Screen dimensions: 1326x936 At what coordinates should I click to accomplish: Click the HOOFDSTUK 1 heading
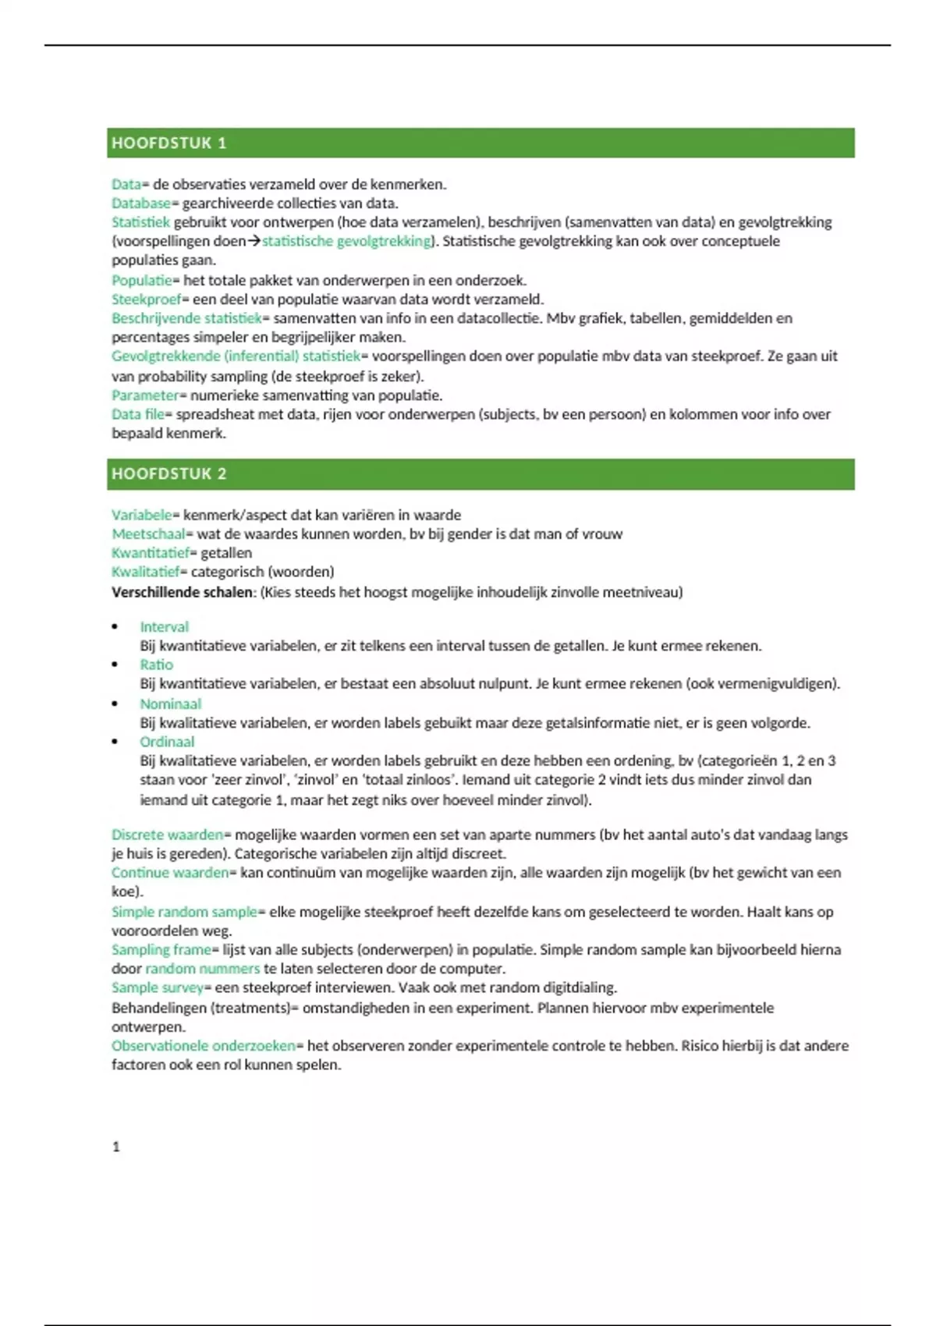168,144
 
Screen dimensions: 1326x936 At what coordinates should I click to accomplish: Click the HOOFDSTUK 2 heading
168,474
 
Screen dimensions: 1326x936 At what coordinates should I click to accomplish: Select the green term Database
140,204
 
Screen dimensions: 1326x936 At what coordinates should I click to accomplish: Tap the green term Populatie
141,280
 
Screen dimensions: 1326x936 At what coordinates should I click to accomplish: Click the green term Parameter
145,395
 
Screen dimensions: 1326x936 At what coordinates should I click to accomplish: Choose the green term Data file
137,414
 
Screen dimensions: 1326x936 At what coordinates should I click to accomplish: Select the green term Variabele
141,515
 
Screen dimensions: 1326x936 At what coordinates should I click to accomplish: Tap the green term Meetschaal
148,534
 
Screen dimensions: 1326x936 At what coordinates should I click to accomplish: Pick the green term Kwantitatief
151,553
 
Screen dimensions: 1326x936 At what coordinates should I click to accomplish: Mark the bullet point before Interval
115,626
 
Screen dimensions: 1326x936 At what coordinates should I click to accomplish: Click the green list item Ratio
156,665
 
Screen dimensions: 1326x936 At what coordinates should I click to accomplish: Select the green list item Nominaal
170,704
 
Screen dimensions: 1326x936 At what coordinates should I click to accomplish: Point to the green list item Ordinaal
167,742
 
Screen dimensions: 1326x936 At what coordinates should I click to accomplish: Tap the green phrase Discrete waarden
167,835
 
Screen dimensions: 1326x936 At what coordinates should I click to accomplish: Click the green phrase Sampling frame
161,950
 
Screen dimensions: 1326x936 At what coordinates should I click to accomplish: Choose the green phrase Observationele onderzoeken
204,1046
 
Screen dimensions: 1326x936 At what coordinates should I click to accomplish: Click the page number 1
116,1147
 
